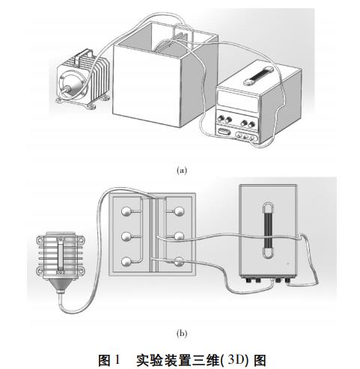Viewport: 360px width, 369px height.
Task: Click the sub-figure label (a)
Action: coord(182,171)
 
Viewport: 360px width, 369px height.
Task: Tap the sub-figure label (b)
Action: coord(182,333)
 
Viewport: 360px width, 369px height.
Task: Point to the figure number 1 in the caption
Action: coord(117,359)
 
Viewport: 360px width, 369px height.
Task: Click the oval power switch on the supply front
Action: coord(223,131)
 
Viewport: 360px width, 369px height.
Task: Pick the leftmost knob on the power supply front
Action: coord(221,118)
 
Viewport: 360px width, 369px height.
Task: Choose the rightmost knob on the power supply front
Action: coord(251,123)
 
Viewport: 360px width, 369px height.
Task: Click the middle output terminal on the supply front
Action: coord(245,136)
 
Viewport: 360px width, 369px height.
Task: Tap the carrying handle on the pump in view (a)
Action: coord(84,57)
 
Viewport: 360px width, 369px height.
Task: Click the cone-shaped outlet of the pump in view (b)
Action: coord(59,285)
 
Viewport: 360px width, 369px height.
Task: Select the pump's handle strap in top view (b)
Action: coord(61,254)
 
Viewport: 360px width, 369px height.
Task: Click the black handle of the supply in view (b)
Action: coord(269,230)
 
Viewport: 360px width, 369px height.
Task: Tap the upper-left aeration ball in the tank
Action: coord(126,212)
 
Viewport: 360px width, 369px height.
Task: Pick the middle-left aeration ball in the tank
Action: coord(126,236)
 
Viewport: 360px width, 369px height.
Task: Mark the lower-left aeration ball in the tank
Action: coord(126,262)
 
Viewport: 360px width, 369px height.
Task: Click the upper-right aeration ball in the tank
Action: coord(180,212)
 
